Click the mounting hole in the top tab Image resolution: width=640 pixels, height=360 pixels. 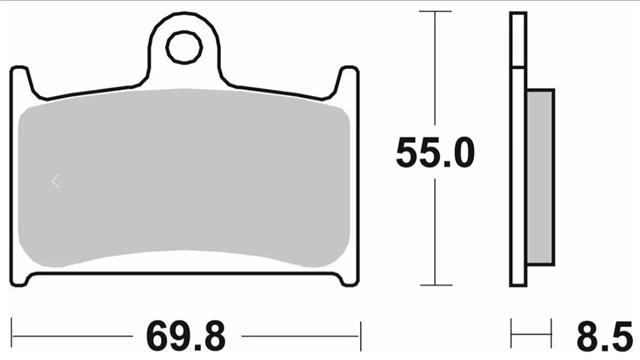[184, 47]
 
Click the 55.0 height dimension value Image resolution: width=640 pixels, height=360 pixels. [435, 153]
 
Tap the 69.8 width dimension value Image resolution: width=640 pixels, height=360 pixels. [186, 336]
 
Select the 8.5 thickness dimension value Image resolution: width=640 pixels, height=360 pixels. [604, 336]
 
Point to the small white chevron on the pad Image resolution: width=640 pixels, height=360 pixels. [56, 182]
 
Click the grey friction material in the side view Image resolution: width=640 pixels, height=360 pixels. [540, 177]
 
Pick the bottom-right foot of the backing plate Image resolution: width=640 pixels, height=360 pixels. [349, 280]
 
